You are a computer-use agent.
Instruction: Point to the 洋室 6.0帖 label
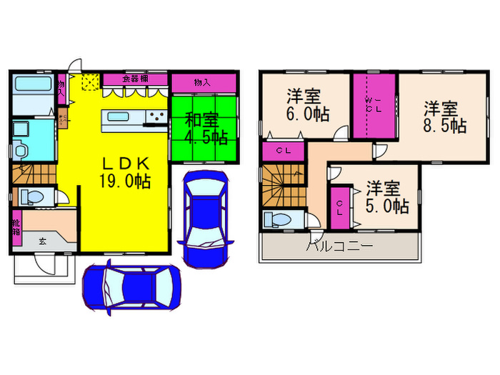point(307,104)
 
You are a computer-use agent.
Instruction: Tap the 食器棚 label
point(134,79)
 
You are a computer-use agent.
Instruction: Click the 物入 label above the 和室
point(201,81)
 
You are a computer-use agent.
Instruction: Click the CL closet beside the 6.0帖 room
point(284,151)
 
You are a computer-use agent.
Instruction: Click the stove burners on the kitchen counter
point(154,117)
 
